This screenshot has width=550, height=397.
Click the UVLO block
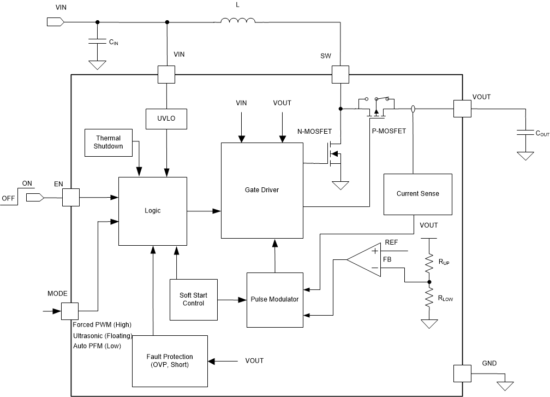coord(165,117)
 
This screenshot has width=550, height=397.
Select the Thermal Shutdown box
coord(108,142)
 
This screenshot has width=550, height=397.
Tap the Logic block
coord(153,211)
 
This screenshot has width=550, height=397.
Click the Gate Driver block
coord(262,190)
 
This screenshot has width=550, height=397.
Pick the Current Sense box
coord(417,194)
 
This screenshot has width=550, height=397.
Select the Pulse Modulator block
coord(274,300)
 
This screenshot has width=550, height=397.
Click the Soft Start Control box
coord(194,299)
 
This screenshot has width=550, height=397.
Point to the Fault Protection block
coord(169,360)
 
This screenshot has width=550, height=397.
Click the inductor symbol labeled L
coord(238,22)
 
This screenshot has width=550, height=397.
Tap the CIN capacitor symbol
coord(97,42)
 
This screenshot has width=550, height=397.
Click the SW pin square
coord(340,75)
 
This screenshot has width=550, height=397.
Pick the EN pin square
coord(71,197)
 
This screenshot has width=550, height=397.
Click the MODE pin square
coord(69,311)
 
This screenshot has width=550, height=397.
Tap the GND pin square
coord(462,374)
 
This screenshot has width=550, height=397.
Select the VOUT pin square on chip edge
coord(462,109)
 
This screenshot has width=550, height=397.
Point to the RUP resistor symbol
coord(429,262)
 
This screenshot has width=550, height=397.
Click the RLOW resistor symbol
coord(429,299)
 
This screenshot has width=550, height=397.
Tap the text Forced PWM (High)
coord(102,324)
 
